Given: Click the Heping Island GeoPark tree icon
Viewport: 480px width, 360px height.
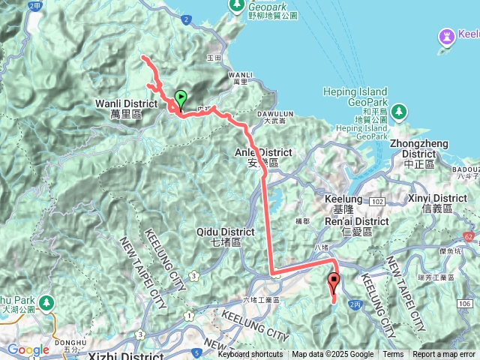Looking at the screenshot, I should pos(399,111).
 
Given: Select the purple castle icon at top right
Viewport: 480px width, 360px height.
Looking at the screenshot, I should pos(447,35).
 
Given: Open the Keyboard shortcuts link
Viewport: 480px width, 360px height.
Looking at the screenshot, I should pos(250,355).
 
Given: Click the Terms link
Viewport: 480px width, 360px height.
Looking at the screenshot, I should pos(393,355).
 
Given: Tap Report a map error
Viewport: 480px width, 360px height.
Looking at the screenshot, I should pos(444,355).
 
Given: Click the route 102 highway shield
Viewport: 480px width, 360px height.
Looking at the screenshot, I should pos(376,202).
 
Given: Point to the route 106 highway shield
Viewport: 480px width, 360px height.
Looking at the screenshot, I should pos(463,302).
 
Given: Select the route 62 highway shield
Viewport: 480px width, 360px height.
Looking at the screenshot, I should pos(468,235).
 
